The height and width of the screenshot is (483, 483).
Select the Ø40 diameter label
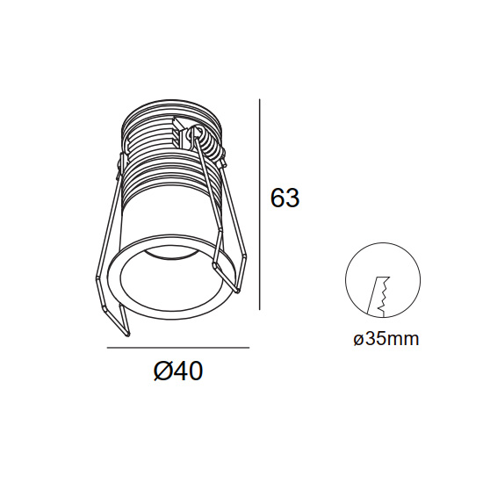pyautogui.click(x=178, y=371)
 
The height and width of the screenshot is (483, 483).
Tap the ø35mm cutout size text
pyautogui.click(x=386, y=340)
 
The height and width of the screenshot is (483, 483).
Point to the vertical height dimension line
pyautogui.click(x=260, y=205)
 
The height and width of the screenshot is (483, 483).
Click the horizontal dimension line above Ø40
pyautogui.click(x=178, y=348)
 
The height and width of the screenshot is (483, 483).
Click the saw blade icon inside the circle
pyautogui.click(x=379, y=296)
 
